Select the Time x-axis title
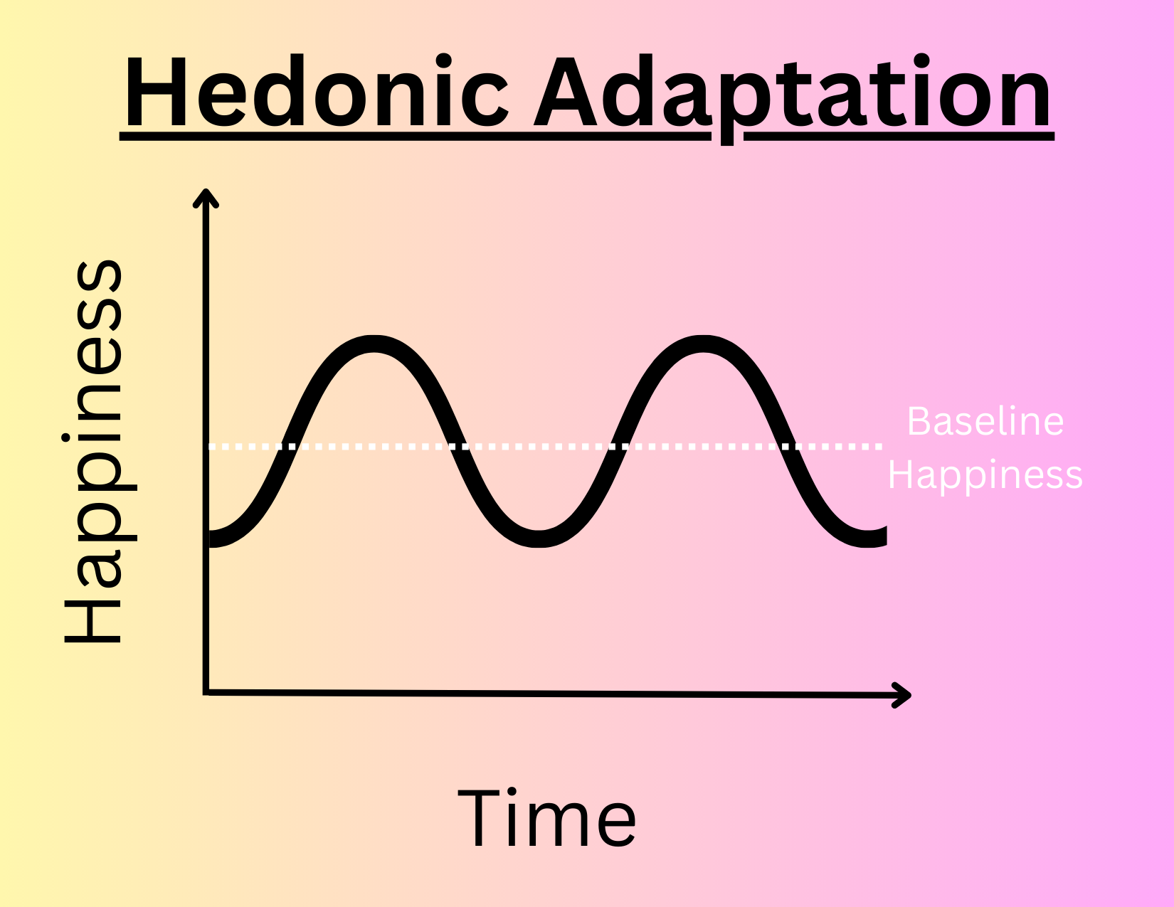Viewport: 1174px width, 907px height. (x=546, y=820)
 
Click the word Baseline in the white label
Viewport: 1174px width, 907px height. (x=985, y=421)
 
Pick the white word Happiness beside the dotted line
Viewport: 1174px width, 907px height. (x=985, y=475)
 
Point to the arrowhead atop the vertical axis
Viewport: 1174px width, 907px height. (x=206, y=196)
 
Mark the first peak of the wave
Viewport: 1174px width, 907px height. (x=374, y=344)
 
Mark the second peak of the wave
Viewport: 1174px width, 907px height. (x=703, y=344)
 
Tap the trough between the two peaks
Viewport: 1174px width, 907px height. (x=539, y=538)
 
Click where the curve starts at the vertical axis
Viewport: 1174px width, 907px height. (x=211, y=538)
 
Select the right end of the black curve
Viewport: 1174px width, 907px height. (x=882, y=536)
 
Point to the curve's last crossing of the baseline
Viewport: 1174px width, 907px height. (x=788, y=447)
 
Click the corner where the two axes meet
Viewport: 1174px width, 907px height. (x=206, y=691)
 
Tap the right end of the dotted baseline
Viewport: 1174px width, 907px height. (x=879, y=447)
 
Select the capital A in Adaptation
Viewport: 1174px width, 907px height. (x=566, y=92)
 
